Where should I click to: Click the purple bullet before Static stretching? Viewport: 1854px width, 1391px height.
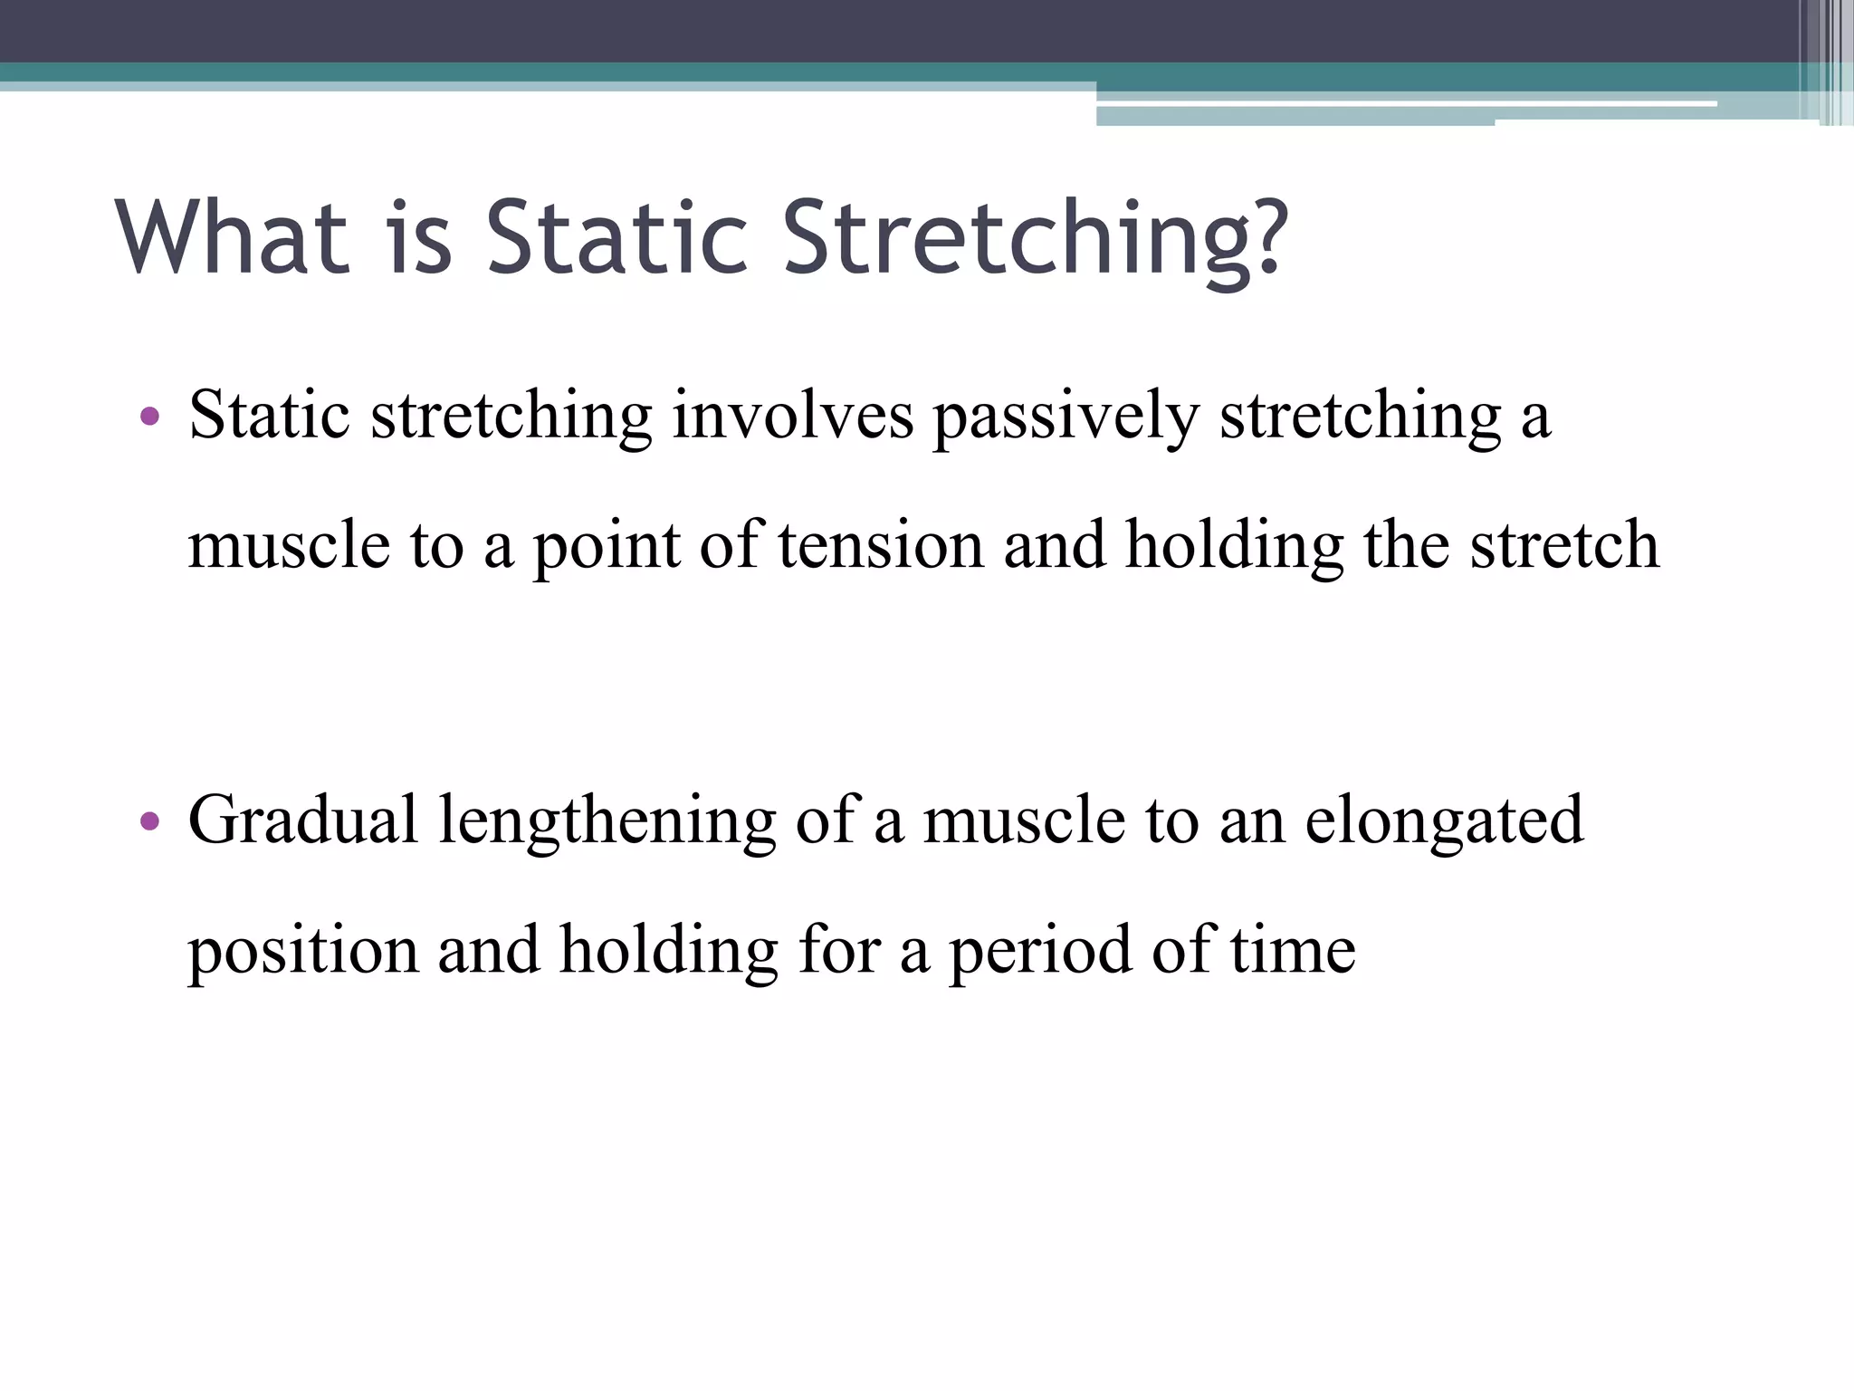(150, 417)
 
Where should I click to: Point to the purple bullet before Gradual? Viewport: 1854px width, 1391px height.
(150, 821)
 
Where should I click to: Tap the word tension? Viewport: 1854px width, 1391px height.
(880, 546)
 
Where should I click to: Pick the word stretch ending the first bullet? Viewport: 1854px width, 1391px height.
(1564, 546)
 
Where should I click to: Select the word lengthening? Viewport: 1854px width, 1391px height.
(607, 822)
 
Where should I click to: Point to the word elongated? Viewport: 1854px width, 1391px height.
(1444, 822)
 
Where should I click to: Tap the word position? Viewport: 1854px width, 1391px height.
(303, 952)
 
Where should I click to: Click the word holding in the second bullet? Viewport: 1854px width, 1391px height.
(669, 952)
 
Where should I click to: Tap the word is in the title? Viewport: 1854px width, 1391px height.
(419, 237)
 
